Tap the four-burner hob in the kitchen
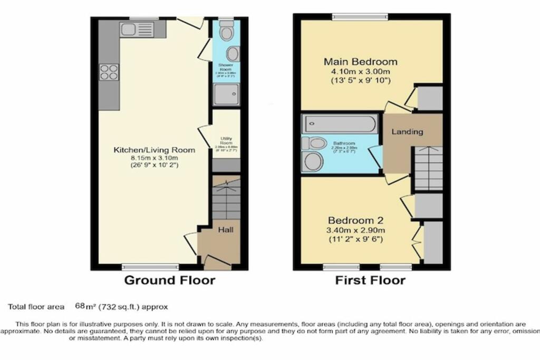pos(109,72)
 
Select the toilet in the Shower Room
pos(227,33)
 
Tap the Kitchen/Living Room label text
pos(155,150)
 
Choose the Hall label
pos(226,230)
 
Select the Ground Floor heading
pos(169,280)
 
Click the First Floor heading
pos(370,280)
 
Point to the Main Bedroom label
pos(360,62)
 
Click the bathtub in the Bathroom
pos(340,124)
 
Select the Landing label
pos(407,132)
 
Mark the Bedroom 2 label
pos(355,221)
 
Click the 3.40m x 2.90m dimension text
pos(356,230)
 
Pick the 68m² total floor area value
pos(81,306)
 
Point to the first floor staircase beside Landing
pos(427,168)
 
